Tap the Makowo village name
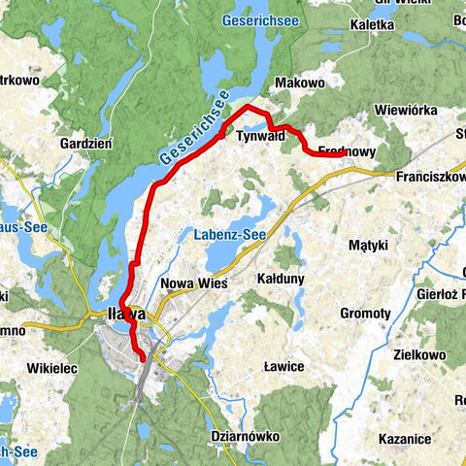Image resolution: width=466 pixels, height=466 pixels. tap(297, 84)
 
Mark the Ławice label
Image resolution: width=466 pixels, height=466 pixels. tap(283, 366)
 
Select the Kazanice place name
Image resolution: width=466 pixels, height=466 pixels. tap(407, 439)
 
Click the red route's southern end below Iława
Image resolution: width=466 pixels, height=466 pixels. tap(144, 359)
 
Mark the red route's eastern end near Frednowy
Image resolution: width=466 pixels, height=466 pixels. tap(346, 152)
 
